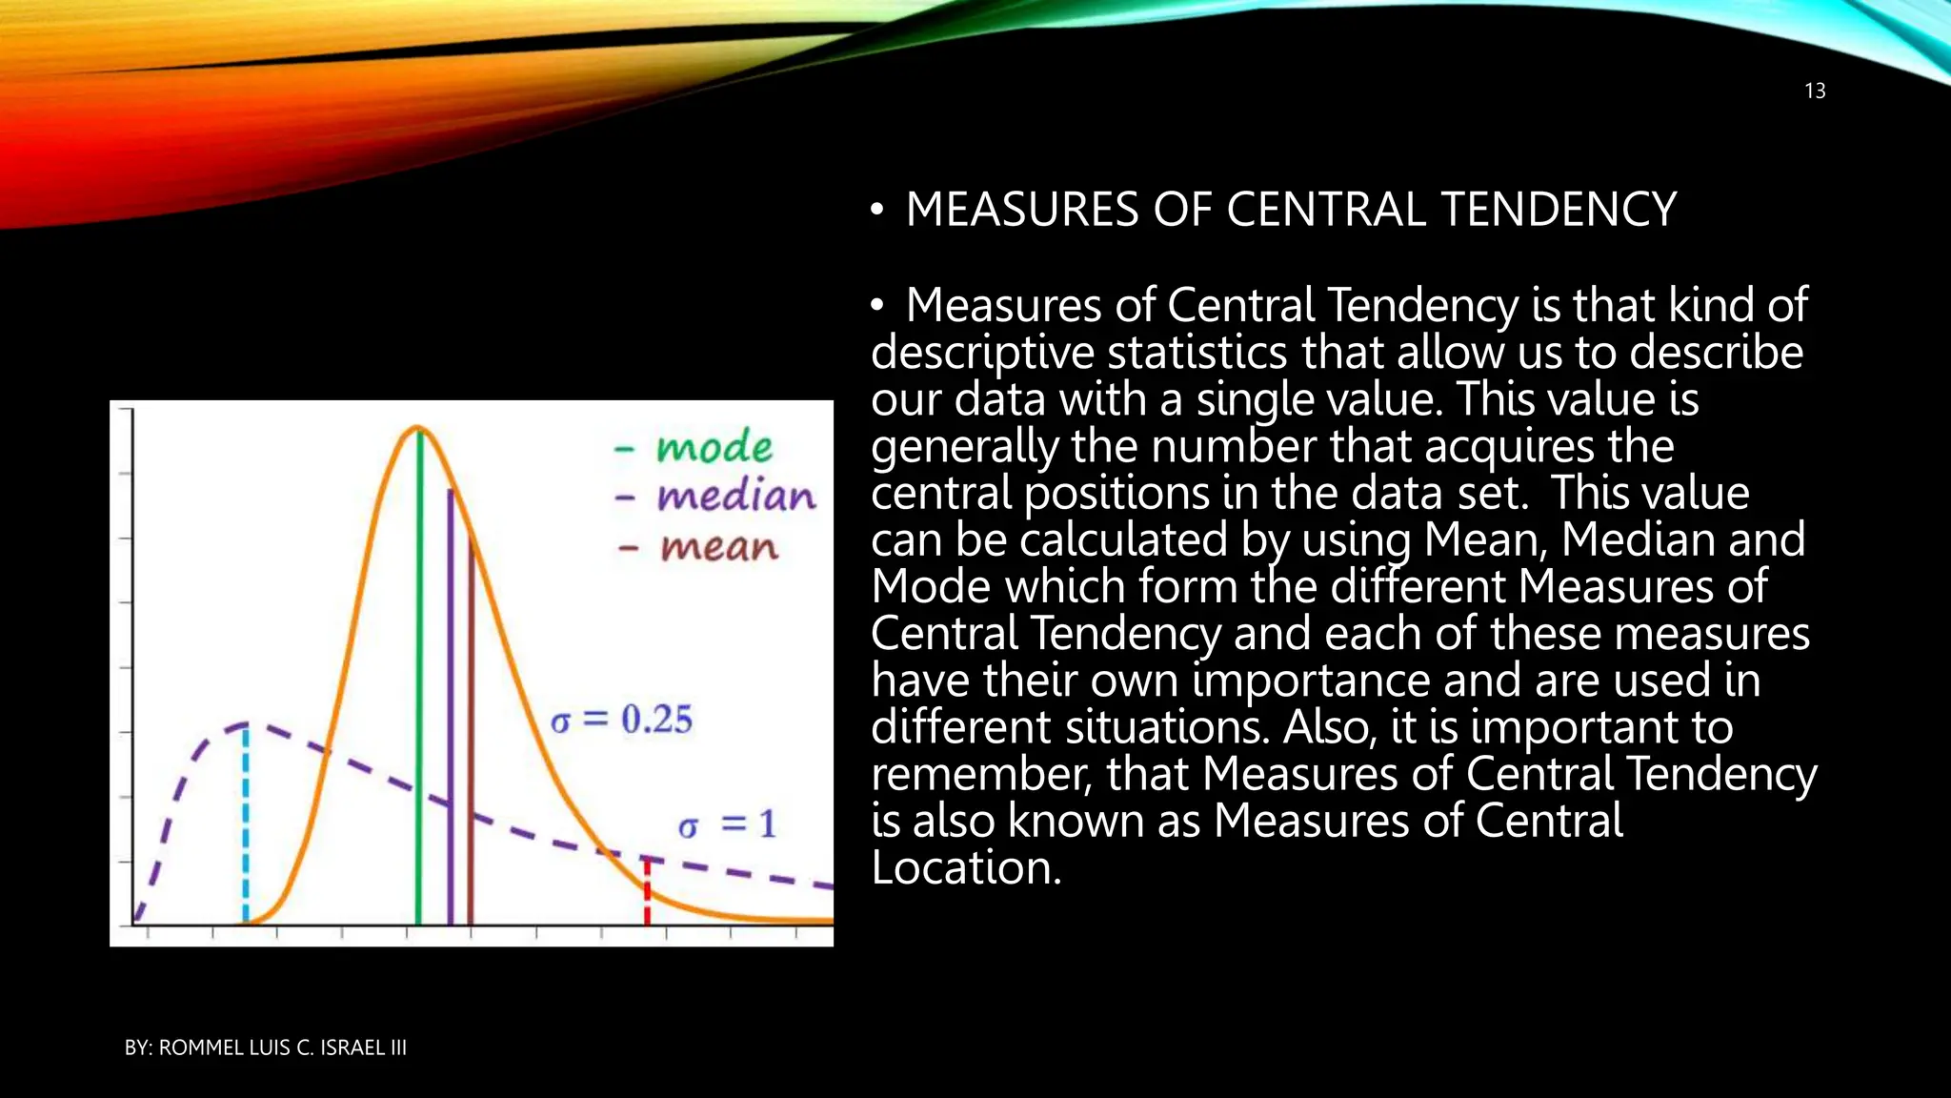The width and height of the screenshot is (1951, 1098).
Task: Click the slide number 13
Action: (x=1815, y=91)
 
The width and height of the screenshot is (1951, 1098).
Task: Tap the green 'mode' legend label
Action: (x=714, y=447)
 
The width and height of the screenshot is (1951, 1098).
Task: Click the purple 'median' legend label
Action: (x=735, y=497)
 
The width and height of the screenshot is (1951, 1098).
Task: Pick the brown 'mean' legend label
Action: (x=719, y=547)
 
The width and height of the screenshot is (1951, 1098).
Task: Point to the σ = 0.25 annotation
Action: (x=621, y=720)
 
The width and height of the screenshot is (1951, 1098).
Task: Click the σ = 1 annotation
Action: (x=727, y=824)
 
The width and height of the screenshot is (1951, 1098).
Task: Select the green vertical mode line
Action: (x=418, y=686)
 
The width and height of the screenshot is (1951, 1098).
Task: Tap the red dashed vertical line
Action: (x=647, y=891)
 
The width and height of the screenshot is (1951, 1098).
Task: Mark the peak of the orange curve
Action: (x=417, y=428)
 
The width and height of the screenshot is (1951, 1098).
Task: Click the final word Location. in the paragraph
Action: (x=965, y=868)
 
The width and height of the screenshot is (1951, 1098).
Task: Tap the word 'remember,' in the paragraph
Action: (x=980, y=774)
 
